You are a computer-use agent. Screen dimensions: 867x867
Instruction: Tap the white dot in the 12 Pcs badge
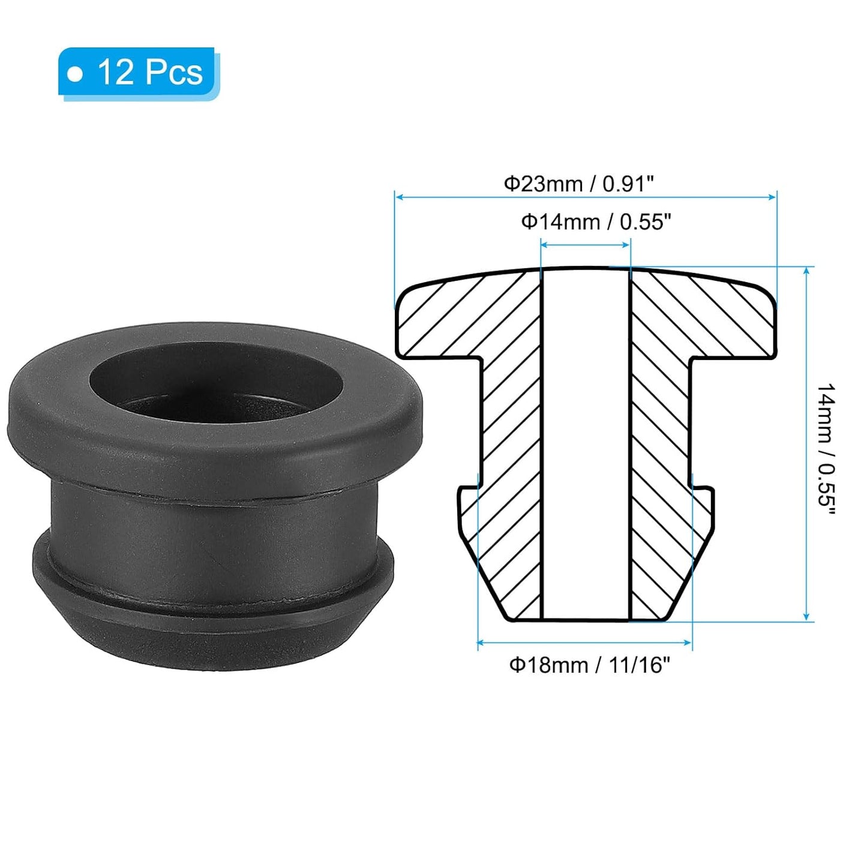pos(75,74)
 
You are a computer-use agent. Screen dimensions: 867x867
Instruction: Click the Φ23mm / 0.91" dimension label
pos(577,183)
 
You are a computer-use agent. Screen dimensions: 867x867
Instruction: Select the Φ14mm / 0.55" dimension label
pos(595,222)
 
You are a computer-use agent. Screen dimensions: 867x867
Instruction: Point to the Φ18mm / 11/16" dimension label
pos(589,665)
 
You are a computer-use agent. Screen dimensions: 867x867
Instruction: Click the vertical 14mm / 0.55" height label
pos(826,447)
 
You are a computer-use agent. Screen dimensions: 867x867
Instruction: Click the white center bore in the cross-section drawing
pos(586,444)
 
